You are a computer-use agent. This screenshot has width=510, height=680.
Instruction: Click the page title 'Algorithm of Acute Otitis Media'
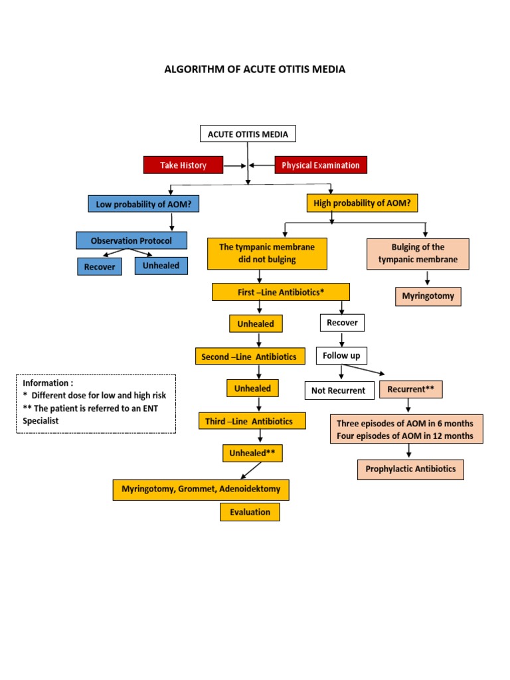click(x=255, y=69)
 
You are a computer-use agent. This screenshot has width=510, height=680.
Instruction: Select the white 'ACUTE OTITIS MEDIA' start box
click(x=248, y=134)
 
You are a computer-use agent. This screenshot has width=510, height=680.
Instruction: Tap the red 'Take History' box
click(x=183, y=165)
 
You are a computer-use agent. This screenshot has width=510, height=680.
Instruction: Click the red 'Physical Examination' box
click(x=320, y=165)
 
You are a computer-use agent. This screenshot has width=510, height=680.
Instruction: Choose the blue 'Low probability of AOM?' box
click(x=143, y=204)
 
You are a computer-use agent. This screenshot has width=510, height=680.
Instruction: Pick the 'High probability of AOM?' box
click(x=362, y=203)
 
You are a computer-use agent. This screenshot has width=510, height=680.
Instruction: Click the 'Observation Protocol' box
click(x=131, y=240)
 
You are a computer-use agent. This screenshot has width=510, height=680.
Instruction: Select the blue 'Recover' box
click(x=99, y=267)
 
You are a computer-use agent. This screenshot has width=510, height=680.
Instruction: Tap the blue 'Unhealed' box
click(x=161, y=266)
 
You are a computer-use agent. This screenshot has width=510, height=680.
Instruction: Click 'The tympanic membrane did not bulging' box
click(x=267, y=254)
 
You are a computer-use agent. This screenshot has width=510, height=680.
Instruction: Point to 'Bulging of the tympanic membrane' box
click(x=418, y=254)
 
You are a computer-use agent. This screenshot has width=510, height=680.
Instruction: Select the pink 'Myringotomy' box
click(x=428, y=296)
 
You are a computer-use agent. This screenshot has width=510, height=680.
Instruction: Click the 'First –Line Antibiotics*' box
click(x=280, y=292)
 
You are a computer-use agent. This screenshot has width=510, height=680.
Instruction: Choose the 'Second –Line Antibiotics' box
click(x=250, y=356)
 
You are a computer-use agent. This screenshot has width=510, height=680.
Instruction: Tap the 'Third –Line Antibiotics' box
click(x=254, y=421)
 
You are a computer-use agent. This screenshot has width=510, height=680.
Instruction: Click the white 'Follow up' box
click(x=341, y=355)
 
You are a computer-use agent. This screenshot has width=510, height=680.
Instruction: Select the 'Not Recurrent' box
click(x=338, y=390)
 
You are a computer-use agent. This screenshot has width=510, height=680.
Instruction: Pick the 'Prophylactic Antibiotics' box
click(x=410, y=469)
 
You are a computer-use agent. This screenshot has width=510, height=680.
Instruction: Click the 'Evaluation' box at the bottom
click(x=250, y=512)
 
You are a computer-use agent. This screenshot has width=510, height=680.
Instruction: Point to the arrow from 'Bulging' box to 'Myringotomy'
click(x=428, y=278)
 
